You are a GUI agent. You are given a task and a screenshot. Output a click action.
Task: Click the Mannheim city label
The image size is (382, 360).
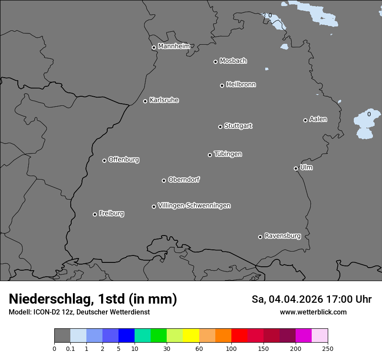coord(174,46)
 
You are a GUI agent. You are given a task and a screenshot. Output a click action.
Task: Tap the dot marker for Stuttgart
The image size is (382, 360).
coord(220,127)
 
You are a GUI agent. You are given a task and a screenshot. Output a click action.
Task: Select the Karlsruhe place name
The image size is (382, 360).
coord(164,100)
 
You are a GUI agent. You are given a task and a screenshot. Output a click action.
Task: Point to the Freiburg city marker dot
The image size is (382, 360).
coord(95,214)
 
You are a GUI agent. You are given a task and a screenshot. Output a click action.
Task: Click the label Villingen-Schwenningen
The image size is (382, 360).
coord(194,206)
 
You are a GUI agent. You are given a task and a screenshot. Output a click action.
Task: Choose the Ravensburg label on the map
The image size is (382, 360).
coord(283,236)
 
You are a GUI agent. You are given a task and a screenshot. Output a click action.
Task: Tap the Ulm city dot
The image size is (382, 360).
coord(296,168)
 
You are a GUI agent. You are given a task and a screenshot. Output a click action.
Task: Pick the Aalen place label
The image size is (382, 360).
coord(318,119)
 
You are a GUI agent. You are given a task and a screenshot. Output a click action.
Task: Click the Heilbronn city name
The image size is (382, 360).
coord(241,85)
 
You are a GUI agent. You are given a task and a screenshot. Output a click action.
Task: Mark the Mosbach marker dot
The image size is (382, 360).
coord(215,62)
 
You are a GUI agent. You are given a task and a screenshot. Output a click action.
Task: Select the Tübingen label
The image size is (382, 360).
coord(228,154)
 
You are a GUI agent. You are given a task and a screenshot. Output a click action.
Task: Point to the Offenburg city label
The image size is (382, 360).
coord(124,160)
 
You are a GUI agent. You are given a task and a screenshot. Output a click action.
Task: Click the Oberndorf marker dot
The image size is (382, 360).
coord(164,180)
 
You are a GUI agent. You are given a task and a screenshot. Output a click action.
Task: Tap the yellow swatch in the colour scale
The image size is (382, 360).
coord(191,336)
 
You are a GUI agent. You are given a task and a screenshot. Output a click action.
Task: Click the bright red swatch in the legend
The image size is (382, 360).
coord(239,336)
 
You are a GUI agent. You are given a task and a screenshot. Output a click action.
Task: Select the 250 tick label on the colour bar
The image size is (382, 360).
coord(327,348)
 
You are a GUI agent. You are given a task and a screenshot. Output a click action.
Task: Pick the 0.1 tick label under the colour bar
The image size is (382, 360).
coord(70,348)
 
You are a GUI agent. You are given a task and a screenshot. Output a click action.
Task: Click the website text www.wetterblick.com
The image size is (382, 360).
coord(313,312)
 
